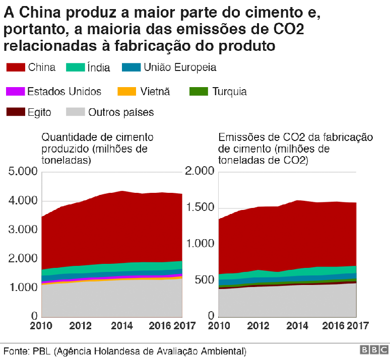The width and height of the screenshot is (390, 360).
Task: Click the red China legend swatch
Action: (x=15, y=67)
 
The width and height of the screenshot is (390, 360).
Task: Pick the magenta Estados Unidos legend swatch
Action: (x=15, y=92)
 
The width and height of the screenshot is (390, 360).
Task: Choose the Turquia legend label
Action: (x=229, y=92)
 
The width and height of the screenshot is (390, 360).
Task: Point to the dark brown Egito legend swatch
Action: (x=15, y=112)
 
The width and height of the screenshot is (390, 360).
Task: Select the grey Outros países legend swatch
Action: (x=75, y=112)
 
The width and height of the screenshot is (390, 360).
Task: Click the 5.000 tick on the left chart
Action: (x=23, y=172)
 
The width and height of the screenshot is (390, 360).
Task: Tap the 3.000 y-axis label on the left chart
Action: (x=23, y=230)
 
